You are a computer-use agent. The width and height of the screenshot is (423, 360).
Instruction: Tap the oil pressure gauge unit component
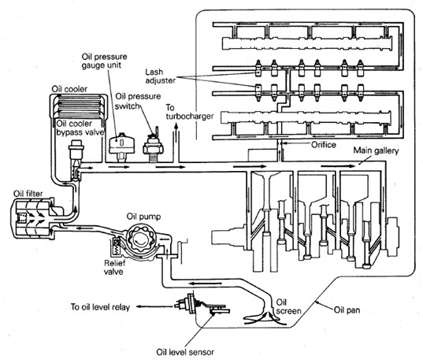(x=121, y=147)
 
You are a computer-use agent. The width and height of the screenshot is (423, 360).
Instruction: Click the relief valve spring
(x=117, y=246)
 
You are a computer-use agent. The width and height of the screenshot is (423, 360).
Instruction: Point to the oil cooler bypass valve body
(x=76, y=159)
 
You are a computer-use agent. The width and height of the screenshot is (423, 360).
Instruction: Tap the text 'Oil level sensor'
(x=185, y=352)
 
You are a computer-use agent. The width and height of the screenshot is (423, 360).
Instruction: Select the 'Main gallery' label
(x=376, y=150)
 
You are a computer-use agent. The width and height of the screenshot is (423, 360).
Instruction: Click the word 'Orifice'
(x=324, y=145)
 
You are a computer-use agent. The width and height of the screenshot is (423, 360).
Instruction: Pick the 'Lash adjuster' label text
(x=160, y=76)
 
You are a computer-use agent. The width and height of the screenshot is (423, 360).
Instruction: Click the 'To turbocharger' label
(x=189, y=112)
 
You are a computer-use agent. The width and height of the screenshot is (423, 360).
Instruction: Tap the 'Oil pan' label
(x=347, y=310)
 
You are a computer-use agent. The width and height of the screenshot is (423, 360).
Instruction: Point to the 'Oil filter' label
(x=28, y=194)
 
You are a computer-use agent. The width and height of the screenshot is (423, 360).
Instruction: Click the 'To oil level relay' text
(x=100, y=307)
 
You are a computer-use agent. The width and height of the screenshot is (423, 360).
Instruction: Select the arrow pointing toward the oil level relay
(x=154, y=306)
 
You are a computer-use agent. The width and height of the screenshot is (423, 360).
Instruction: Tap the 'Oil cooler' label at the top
(x=69, y=89)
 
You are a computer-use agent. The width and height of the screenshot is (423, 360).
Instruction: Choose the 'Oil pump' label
(x=144, y=217)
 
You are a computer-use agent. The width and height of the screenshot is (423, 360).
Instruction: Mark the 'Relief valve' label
(x=114, y=267)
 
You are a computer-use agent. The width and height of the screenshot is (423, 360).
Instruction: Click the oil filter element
(x=30, y=217)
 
